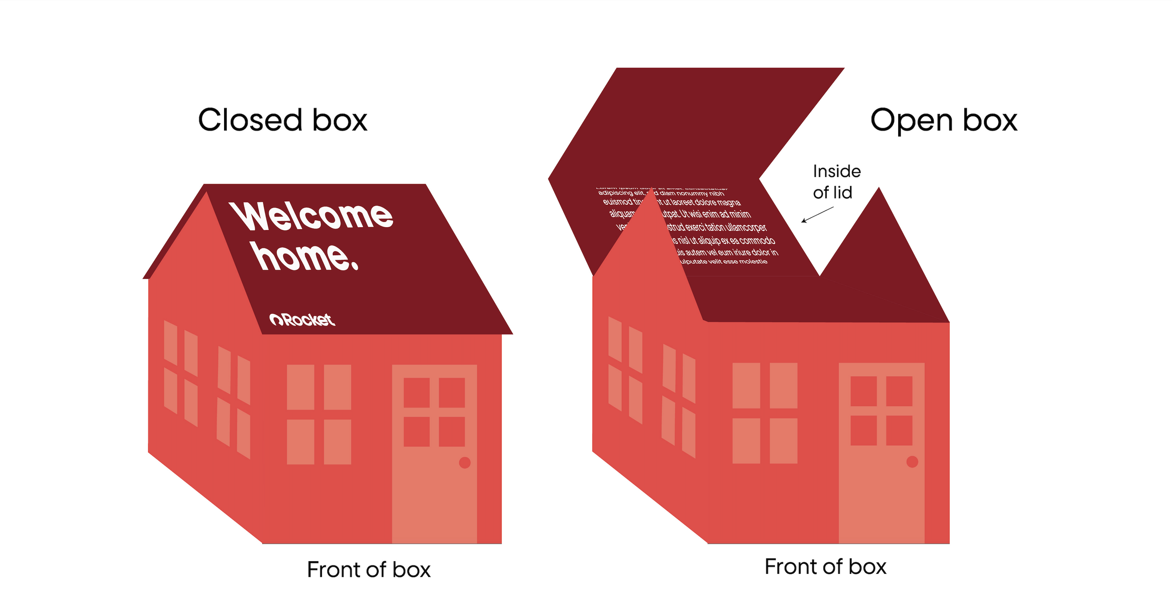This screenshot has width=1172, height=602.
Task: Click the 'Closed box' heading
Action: point(283,120)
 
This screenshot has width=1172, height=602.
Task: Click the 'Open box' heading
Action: point(943,120)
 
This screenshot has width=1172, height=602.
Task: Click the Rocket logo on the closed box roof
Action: point(302,320)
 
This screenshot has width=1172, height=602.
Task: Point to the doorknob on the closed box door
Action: point(465,462)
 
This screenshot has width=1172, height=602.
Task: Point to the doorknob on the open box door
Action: point(912,461)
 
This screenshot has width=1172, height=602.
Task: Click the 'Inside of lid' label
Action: point(836,182)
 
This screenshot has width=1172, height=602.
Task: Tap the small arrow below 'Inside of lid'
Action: point(817,215)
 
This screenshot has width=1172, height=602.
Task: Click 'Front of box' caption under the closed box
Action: point(368,570)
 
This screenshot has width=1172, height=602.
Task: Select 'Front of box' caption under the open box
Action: point(825,567)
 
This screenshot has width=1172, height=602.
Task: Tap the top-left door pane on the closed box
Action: point(416,393)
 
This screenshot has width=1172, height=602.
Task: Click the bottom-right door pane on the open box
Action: point(899,430)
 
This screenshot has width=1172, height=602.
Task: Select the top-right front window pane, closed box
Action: point(337,387)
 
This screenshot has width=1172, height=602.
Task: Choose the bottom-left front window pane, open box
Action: point(746,441)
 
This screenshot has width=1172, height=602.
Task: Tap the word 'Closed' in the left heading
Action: point(250,120)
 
